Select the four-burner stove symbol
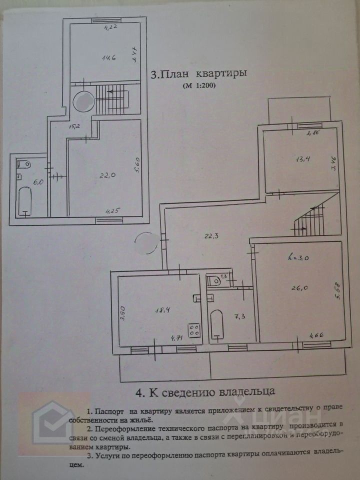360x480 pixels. point(194,330)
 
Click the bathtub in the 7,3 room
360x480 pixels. point(216,325)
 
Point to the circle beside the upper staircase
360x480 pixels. point(82,101)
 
